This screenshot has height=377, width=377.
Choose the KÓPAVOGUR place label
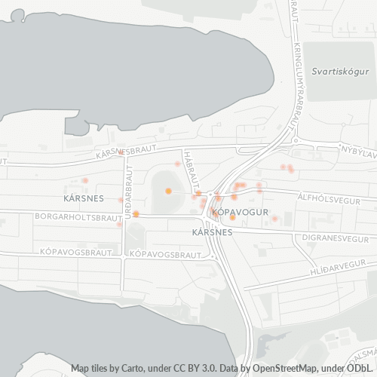(x=241, y=213)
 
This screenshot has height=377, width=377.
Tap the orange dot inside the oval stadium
(x=168, y=191)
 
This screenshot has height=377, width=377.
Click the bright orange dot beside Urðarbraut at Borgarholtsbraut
(x=136, y=214)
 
